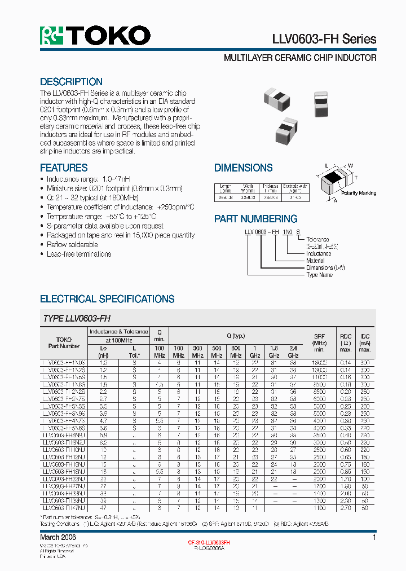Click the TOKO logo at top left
tap(95, 36)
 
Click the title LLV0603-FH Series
tap(324, 39)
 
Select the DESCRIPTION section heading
tap(71, 82)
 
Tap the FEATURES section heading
tap(64, 168)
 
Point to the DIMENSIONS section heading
tap(243, 168)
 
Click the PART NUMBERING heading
tap(255, 219)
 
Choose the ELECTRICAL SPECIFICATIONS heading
tap(107, 299)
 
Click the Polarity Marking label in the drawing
tap(359, 193)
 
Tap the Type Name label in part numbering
tap(319, 275)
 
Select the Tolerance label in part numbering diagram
tap(317, 239)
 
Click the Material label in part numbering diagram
tap(316, 261)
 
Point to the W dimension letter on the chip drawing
tap(350, 165)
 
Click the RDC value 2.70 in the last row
tap(345, 508)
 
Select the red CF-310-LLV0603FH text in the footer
tap(209, 542)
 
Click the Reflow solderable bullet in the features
tap(72, 244)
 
